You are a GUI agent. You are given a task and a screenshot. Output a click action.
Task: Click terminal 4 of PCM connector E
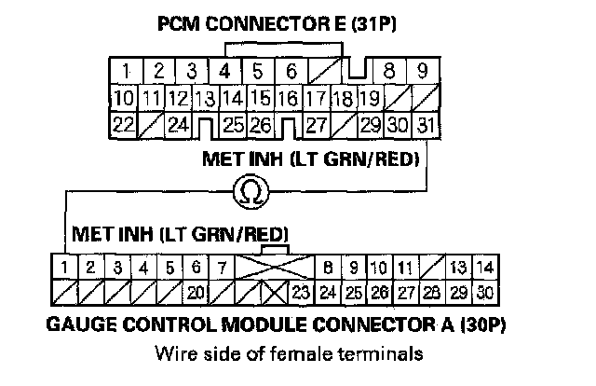click(x=223, y=70)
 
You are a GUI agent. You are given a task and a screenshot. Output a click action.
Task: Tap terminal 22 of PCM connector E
click(x=121, y=123)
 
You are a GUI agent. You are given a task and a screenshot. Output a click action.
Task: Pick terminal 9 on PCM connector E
click(x=422, y=70)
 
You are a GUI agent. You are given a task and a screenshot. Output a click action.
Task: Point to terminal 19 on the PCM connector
click(x=369, y=97)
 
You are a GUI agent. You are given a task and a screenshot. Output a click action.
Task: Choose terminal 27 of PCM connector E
click(x=317, y=123)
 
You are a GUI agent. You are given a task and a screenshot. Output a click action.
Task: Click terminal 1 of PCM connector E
click(x=124, y=70)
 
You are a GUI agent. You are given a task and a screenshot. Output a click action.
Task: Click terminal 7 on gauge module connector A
click(x=221, y=269)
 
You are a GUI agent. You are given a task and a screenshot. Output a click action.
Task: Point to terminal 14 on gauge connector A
click(x=482, y=269)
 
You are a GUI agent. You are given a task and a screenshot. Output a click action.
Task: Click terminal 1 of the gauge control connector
click(x=62, y=269)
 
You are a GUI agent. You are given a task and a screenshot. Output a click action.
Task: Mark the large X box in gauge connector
click(x=272, y=269)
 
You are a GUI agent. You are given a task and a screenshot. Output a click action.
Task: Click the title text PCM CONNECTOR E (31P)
click(x=276, y=26)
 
